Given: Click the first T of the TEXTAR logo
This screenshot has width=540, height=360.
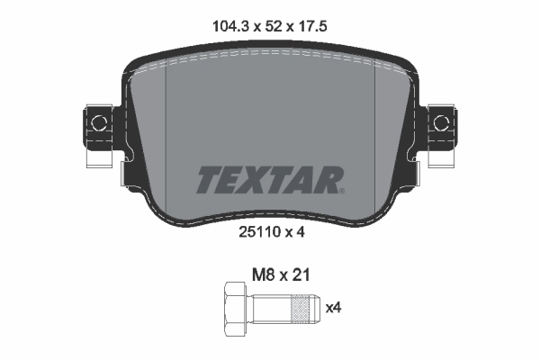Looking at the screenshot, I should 209,180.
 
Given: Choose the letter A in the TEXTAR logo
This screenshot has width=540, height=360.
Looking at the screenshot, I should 302,180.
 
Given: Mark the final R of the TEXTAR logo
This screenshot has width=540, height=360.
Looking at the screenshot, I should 326,180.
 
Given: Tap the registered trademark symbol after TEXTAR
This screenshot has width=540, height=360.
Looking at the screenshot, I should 341,190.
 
